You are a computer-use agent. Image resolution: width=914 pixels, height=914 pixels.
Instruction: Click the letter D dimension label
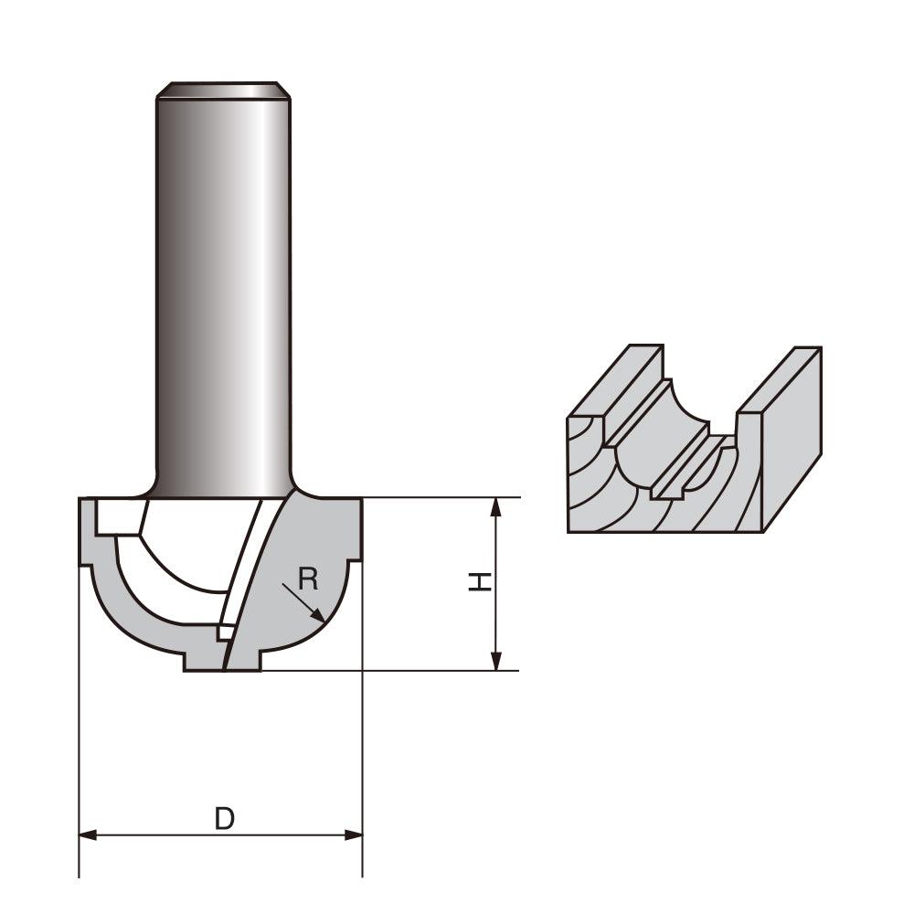[x=224, y=819]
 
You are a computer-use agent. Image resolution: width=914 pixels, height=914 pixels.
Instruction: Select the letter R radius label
[x=308, y=578]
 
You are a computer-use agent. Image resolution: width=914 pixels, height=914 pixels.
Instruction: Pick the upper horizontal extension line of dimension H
[x=439, y=497]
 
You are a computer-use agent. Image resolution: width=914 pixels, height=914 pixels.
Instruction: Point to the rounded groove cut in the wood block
[x=658, y=430]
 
